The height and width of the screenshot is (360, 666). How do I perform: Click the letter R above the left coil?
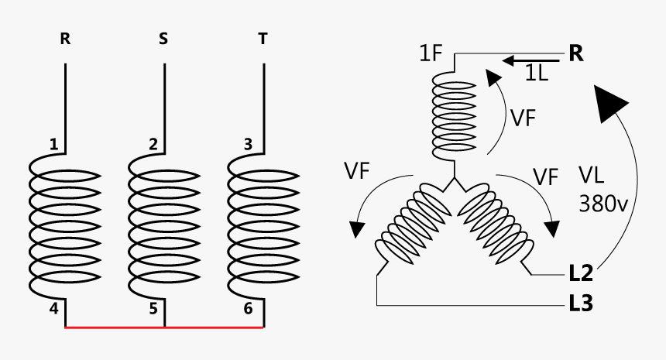click(x=65, y=39)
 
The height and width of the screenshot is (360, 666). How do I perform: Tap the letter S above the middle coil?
click(x=163, y=39)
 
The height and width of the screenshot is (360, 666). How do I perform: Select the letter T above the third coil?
click(x=263, y=39)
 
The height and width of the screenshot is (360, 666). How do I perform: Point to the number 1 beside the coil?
click(x=53, y=144)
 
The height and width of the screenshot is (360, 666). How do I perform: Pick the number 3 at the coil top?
click(x=248, y=144)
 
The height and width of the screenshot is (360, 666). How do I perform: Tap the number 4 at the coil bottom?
click(x=53, y=308)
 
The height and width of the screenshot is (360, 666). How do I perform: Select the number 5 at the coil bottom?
click(x=153, y=308)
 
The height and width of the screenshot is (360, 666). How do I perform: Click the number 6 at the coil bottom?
click(x=248, y=308)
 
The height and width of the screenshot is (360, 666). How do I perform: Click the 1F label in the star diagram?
click(x=431, y=56)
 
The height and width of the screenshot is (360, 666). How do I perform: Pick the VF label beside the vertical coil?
click(x=524, y=118)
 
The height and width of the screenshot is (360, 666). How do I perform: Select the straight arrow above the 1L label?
click(x=530, y=60)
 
